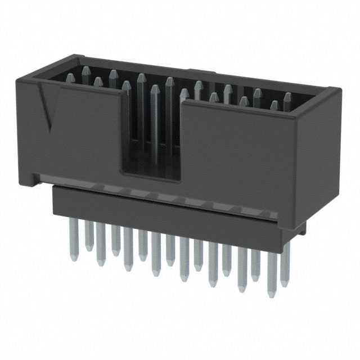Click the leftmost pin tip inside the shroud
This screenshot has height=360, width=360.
(x=70, y=79)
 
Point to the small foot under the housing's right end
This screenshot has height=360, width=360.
(x=303, y=228)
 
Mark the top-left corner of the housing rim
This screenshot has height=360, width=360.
(x=19, y=82)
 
